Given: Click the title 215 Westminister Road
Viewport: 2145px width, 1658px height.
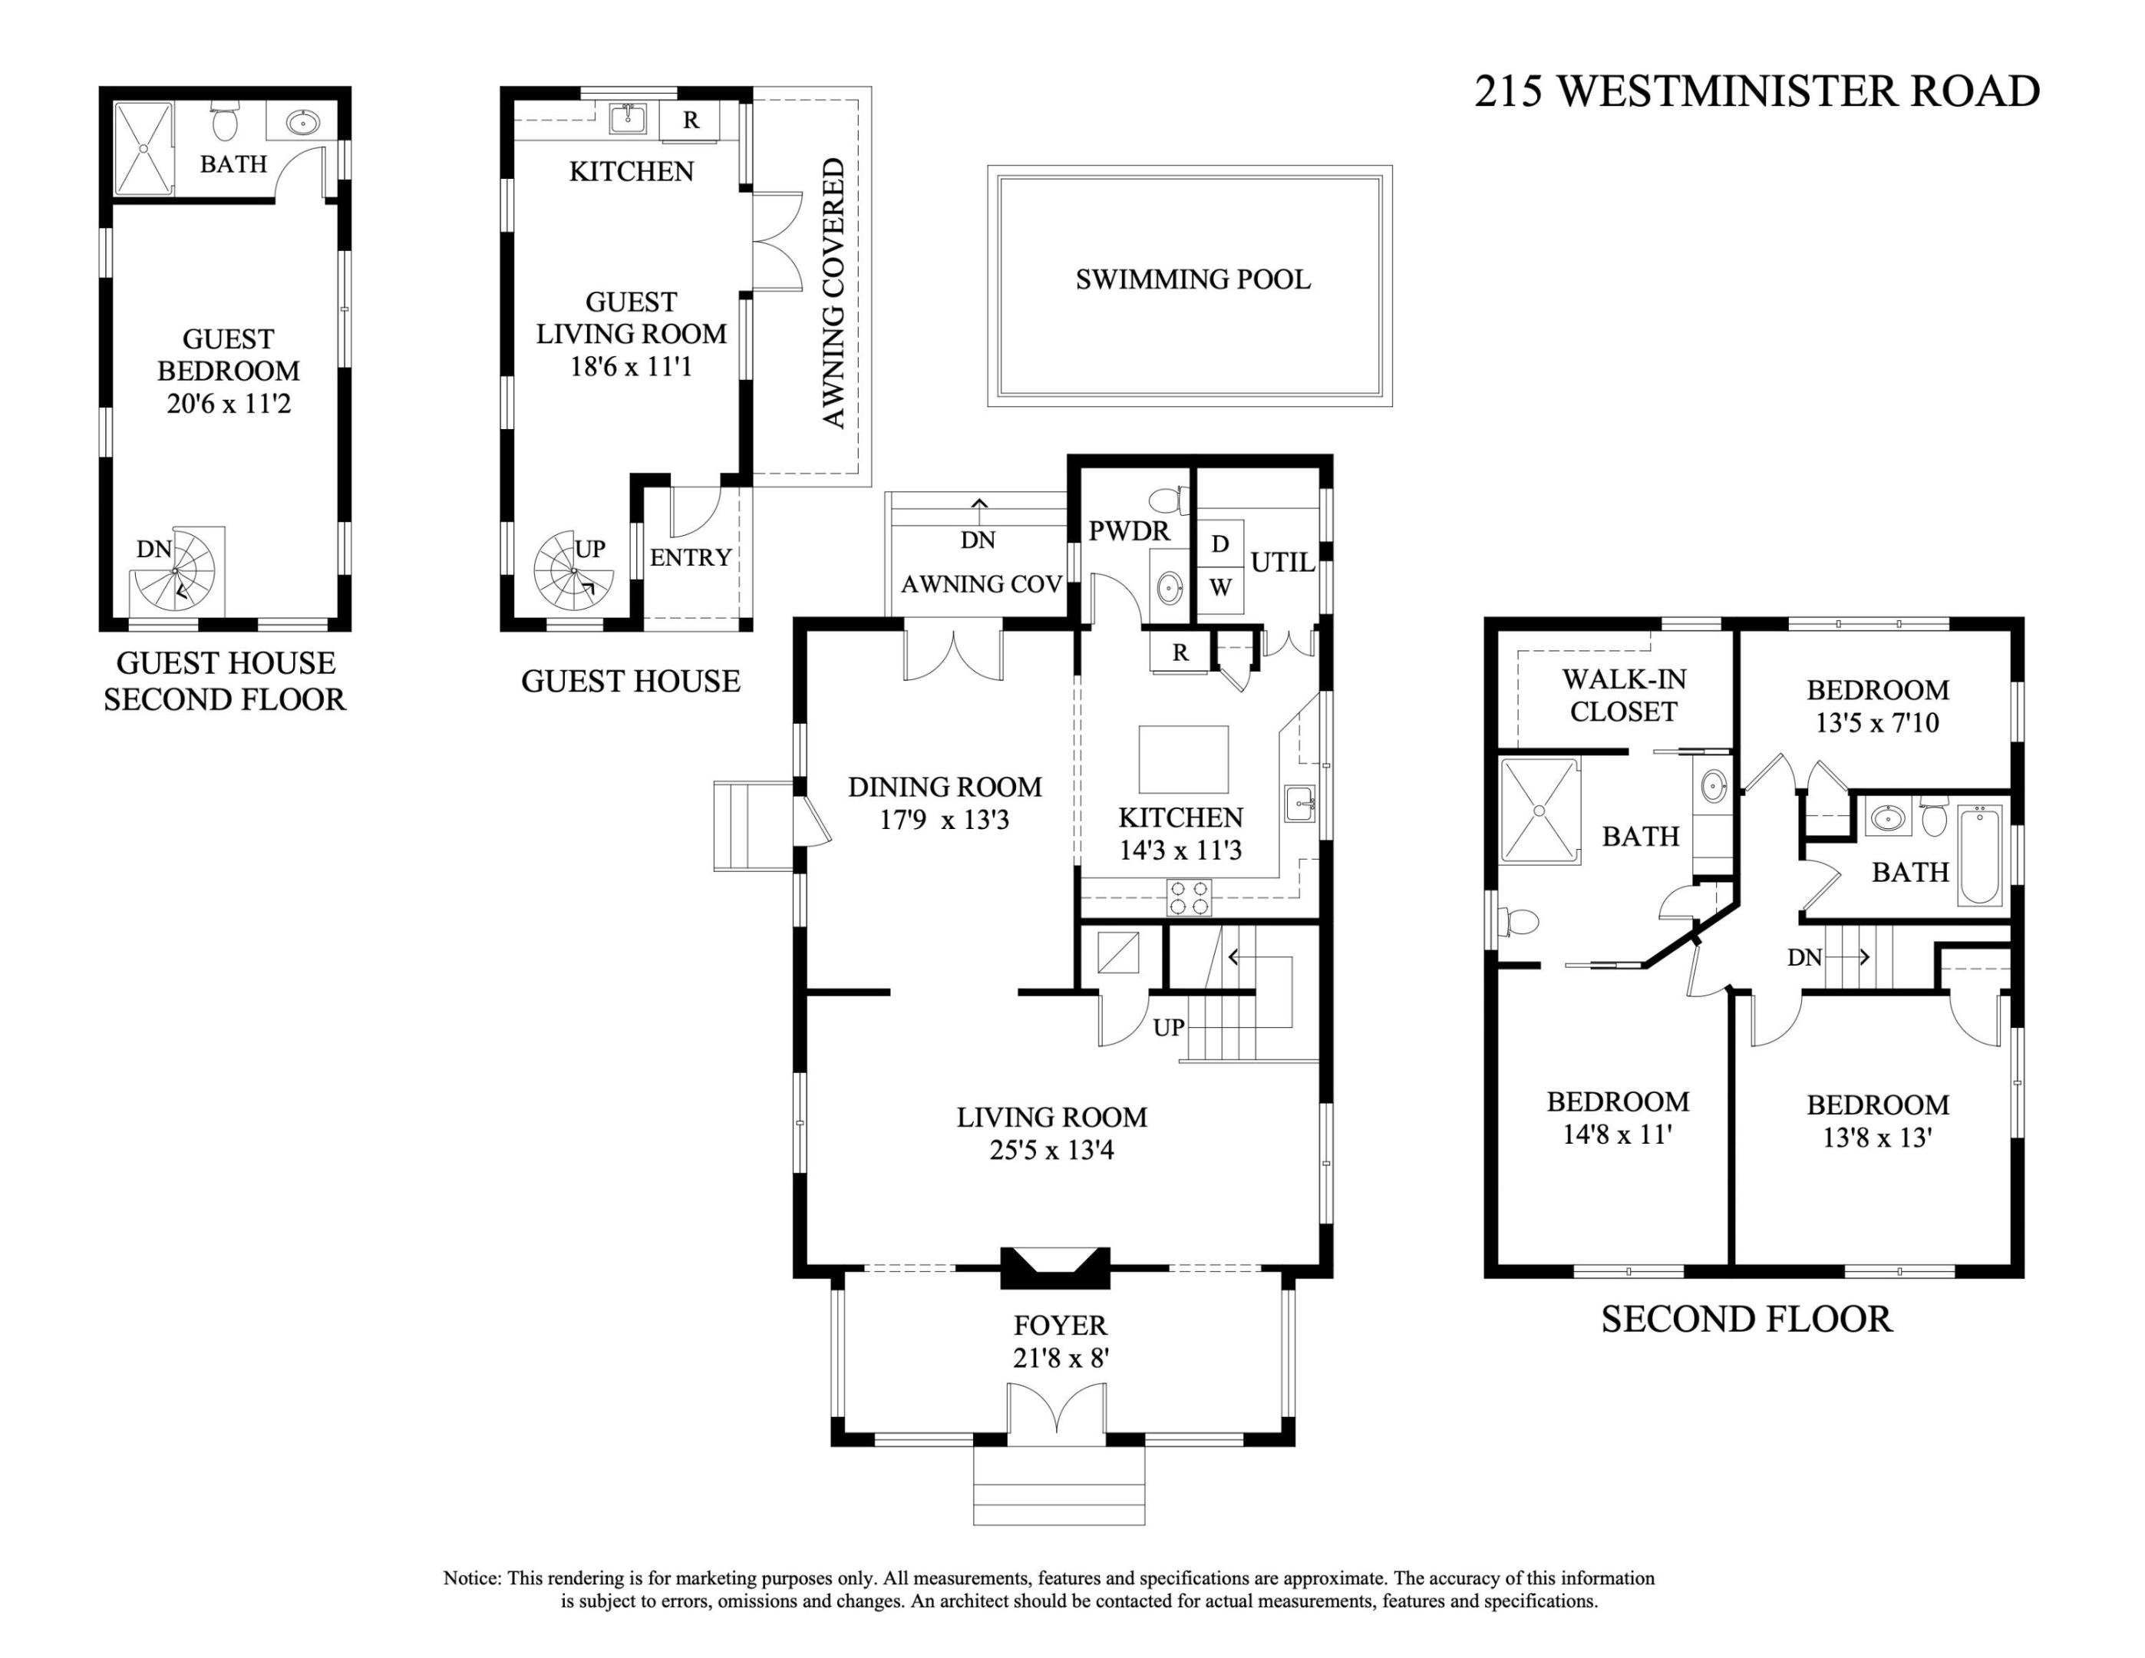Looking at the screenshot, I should click(1756, 92).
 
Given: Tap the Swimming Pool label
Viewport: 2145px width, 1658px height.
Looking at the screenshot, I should click(1193, 280).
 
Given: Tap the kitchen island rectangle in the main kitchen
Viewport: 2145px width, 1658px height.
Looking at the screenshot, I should click(1183, 759).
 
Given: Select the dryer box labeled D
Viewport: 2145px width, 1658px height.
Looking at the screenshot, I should click(1219, 544).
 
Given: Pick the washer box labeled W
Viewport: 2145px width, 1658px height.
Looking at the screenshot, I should click(1219, 588).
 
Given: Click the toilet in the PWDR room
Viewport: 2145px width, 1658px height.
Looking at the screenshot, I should click(1167, 501).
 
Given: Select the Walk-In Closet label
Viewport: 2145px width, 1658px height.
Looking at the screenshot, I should click(1623, 695).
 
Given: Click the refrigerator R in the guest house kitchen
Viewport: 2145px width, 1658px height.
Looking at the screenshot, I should click(691, 121).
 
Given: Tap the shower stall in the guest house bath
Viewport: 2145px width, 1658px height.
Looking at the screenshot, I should click(144, 148).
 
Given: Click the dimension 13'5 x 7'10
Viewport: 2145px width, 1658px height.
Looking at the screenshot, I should click(1877, 724).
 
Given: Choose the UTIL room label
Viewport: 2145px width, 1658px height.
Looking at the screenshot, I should click(1282, 563).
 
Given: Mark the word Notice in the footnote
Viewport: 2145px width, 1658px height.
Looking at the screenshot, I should click(473, 1578).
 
